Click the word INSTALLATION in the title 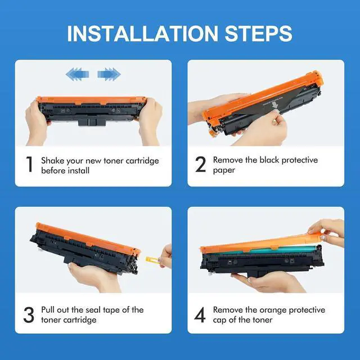[x=142, y=34]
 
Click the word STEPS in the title [x=258, y=34]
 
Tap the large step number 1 [x=29, y=164]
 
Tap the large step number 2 [x=200, y=164]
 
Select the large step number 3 [x=29, y=315]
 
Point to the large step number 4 [x=200, y=315]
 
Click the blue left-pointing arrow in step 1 [x=77, y=74]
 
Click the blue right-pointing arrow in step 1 [x=109, y=74]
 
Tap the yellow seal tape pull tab [x=152, y=260]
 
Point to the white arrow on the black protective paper [x=276, y=105]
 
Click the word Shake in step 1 [x=53, y=160]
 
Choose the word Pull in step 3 [x=48, y=310]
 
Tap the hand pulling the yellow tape [x=165, y=256]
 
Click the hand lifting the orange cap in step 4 [x=327, y=232]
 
